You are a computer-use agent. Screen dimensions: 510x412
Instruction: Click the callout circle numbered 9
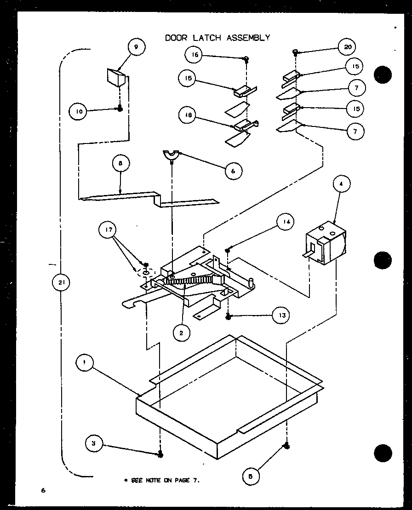point(136,46)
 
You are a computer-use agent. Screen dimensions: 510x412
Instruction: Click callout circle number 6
point(233,171)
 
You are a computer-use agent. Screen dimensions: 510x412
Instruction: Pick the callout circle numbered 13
point(281,315)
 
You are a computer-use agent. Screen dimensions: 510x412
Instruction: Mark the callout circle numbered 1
point(85,363)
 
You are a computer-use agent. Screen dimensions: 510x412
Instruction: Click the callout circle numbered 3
point(94,443)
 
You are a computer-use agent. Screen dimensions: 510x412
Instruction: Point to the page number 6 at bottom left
point(42,491)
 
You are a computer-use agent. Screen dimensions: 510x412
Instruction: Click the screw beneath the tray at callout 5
point(286,445)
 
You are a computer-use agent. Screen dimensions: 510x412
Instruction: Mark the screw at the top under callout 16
point(247,58)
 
